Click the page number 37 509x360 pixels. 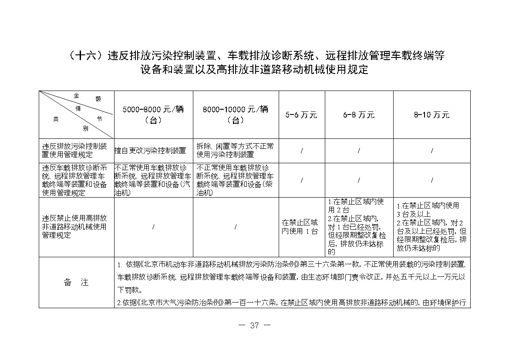[255, 325]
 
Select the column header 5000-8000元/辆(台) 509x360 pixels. [153, 115]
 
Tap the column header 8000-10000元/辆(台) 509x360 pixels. [236, 115]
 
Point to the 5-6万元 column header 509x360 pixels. [301, 115]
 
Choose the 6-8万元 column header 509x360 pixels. [359, 115]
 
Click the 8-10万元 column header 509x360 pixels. [431, 115]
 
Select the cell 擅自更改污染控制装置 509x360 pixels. [150, 151]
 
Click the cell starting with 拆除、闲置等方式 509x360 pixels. [235, 150]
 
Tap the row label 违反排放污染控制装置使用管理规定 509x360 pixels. [74, 150]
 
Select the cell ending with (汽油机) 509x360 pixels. [153, 180]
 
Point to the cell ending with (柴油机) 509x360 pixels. [235, 180]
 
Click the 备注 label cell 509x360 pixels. [76, 282]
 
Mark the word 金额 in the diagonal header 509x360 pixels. [87, 96]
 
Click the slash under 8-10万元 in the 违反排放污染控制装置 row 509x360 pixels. [431, 151]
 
